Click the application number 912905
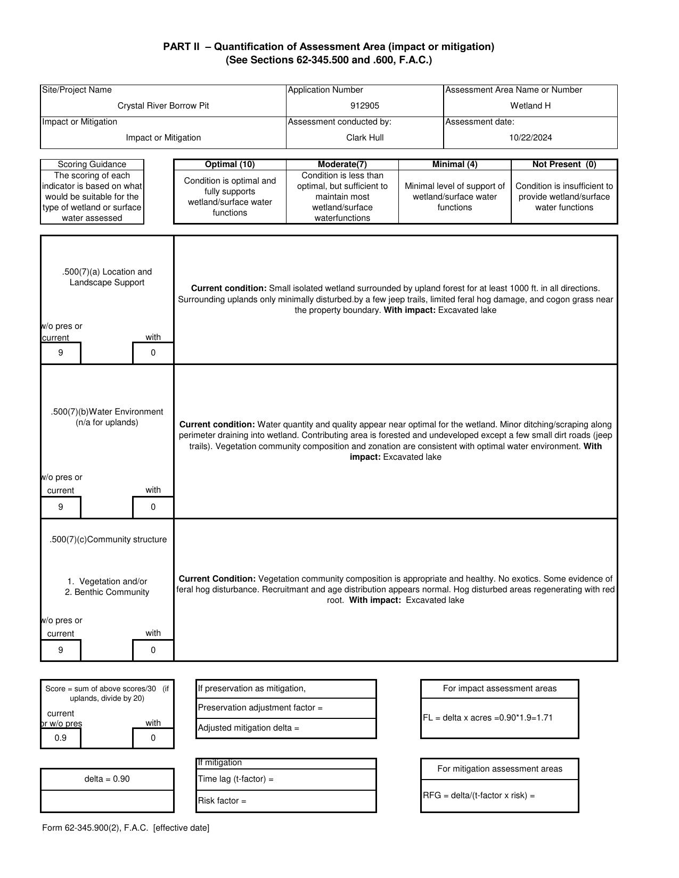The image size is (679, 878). point(365,106)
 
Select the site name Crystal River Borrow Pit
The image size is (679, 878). point(163,106)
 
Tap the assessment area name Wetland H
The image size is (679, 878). point(530,106)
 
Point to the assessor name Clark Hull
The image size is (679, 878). point(365,138)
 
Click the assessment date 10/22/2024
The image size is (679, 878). point(530,138)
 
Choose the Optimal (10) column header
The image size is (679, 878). point(230,164)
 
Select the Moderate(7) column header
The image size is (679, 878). point(342,164)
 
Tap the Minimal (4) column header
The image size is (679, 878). point(454,164)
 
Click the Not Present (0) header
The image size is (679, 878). point(564,164)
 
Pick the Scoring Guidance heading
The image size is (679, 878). point(92,164)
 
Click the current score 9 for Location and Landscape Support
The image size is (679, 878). point(61,353)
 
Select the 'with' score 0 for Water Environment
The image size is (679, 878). point(153,507)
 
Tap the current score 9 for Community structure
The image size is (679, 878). point(61,650)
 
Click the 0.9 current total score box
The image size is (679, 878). point(61,738)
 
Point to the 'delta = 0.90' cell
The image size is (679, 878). point(107,779)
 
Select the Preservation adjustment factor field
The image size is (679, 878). point(286,708)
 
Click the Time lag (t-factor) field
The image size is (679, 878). point(286,779)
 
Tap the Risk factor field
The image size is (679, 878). point(286,801)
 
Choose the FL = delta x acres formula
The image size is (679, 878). point(488,718)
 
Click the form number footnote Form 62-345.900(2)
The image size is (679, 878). point(126,828)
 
